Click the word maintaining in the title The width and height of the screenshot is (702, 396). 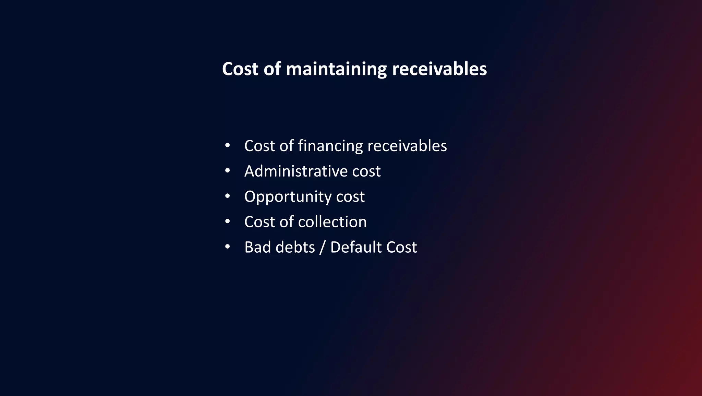(336, 69)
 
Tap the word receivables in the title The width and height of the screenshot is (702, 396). (439, 69)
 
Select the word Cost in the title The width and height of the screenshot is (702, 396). (240, 69)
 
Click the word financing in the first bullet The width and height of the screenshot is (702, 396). (330, 146)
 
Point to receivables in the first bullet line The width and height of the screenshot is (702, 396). (407, 146)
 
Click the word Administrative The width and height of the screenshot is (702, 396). (291, 171)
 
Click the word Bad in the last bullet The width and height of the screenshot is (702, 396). (257, 247)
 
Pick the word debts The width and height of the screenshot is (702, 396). (295, 247)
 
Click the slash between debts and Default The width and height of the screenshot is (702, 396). (322, 248)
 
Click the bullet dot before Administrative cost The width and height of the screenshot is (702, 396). (227, 171)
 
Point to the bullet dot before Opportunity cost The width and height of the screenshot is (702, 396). (227, 196)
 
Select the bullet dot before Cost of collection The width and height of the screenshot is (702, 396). (227, 221)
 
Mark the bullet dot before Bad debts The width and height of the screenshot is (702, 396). (227, 247)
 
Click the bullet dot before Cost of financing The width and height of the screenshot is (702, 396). (227, 145)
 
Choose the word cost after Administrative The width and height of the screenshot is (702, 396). (366, 171)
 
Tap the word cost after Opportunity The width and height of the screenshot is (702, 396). (350, 196)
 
